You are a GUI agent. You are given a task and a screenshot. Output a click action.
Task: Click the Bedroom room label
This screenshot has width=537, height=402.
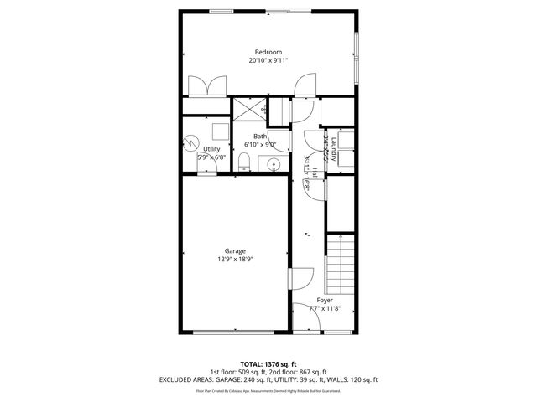(x=268, y=52)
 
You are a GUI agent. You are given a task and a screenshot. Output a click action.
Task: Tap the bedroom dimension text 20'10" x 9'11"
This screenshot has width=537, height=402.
(x=268, y=60)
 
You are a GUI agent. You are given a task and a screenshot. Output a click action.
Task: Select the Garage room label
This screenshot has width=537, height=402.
(x=234, y=251)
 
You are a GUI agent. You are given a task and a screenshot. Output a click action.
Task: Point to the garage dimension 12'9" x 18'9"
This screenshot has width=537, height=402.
(x=234, y=260)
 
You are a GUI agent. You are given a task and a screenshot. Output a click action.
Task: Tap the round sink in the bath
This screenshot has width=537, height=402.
(x=273, y=163)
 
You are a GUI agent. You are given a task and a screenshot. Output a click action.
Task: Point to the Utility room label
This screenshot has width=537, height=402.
(x=211, y=149)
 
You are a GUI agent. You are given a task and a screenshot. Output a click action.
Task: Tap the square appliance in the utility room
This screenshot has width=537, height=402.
(x=220, y=131)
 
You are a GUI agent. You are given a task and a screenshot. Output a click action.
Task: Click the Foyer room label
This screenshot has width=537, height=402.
(x=325, y=300)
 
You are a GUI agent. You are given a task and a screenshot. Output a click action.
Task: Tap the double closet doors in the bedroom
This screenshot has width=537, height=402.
(x=206, y=86)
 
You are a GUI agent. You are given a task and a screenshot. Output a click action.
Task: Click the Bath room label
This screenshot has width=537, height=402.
(x=260, y=137)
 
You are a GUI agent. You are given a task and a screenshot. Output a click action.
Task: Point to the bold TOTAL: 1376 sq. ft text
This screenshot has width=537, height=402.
(x=268, y=364)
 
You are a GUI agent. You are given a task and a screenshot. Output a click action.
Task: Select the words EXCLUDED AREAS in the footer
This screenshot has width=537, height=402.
(x=186, y=379)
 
